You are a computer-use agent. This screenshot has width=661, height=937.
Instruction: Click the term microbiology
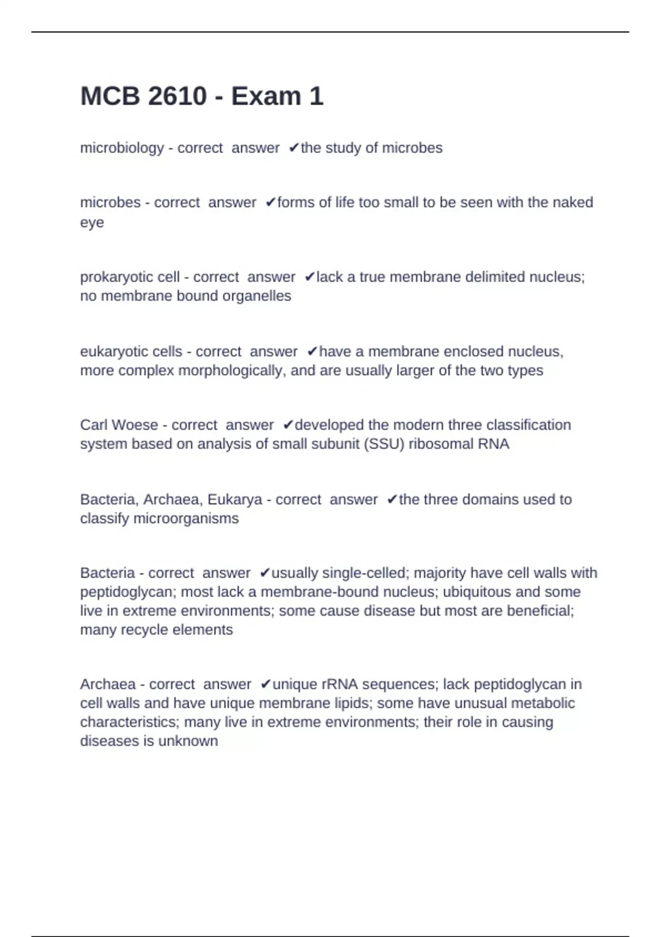tap(122, 148)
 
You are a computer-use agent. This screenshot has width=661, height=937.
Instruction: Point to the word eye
tap(91, 223)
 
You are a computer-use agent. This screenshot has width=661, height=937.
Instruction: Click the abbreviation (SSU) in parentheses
tap(384, 444)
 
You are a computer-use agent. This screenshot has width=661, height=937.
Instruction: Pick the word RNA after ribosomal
tap(493, 444)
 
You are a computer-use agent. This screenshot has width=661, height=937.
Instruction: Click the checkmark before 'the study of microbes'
tap(294, 148)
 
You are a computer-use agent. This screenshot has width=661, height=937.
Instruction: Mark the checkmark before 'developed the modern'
tap(288, 425)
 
